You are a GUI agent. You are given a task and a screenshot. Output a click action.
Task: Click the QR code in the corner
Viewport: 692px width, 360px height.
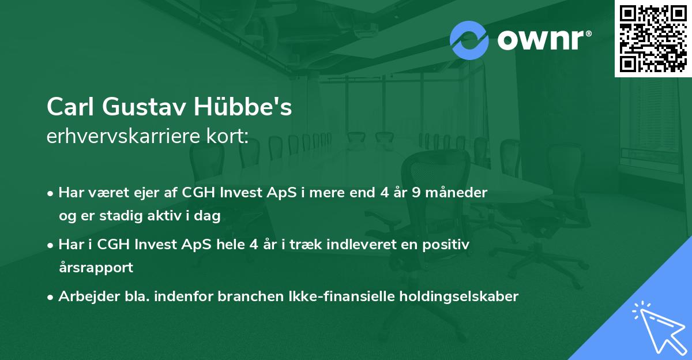click(x=653, y=39)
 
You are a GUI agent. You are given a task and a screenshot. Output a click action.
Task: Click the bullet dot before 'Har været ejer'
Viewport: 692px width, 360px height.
click(x=51, y=193)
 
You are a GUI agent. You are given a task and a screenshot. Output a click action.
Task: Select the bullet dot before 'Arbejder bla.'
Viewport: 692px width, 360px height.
click(x=51, y=297)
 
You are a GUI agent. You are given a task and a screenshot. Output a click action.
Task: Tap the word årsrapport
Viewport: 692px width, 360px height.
click(x=96, y=268)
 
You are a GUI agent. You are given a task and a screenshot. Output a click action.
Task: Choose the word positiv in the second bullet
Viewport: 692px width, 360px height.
click(x=449, y=245)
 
